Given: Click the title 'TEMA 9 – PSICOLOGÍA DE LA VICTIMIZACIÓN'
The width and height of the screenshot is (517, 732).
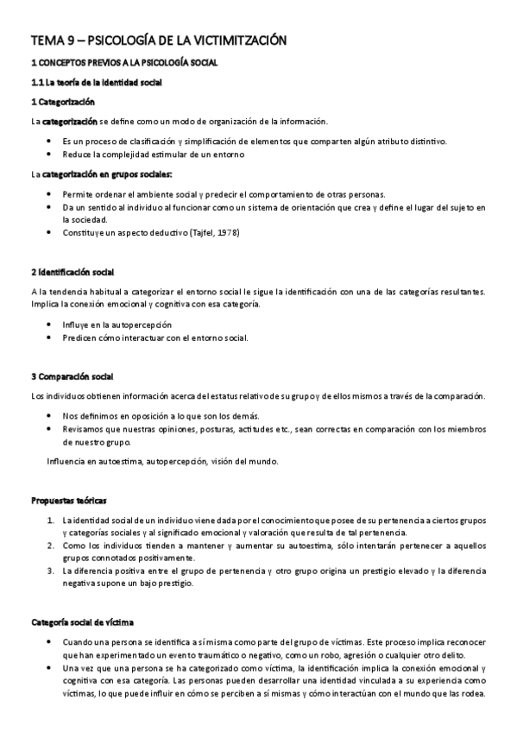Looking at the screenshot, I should coord(159,41).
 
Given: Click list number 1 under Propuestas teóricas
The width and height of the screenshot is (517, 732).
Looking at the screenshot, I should coord(49,521).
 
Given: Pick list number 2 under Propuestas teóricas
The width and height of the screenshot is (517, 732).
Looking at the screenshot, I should coord(49,546).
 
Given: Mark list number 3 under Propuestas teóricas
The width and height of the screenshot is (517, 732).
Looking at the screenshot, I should coord(49,571).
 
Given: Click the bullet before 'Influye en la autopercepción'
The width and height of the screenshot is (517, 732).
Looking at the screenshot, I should coord(49,325).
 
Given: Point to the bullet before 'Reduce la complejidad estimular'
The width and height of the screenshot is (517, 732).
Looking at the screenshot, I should coord(49,155).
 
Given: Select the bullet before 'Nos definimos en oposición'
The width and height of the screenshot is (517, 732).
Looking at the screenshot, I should coord(49,416).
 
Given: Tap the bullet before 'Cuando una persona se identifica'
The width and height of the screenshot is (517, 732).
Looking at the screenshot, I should coord(49,643).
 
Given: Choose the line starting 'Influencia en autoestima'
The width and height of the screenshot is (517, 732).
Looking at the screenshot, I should coord(162,462).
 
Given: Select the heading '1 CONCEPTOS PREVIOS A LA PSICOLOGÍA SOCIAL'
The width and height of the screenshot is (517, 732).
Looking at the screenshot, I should coord(124,63).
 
